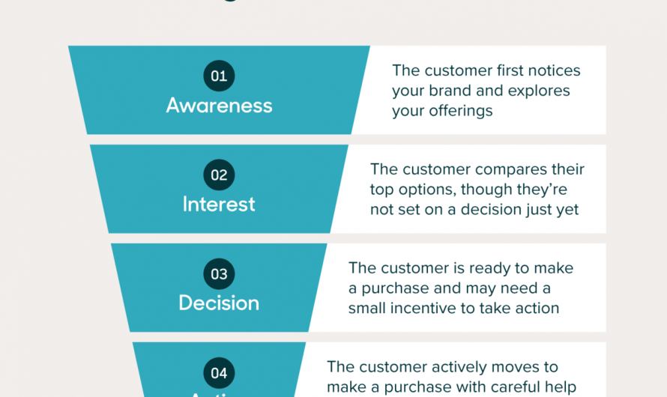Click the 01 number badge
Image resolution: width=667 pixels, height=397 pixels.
pos(219,76)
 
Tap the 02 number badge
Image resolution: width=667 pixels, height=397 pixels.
pos(219,175)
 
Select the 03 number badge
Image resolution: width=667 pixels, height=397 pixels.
pos(219,274)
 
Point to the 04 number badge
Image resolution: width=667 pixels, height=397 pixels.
pos(219,373)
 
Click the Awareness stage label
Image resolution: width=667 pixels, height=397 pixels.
pos(219,105)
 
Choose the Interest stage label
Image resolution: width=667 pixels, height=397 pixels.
pos(219,204)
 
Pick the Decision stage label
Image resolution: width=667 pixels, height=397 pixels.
pos(219,303)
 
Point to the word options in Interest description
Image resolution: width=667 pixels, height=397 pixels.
pos(425,190)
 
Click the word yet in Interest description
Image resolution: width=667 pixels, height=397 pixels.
pos(567,210)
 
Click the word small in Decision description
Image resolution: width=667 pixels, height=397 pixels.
pos(368,308)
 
